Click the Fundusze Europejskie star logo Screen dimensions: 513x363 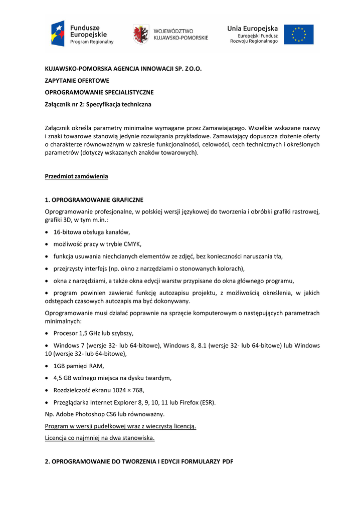(x=58, y=33)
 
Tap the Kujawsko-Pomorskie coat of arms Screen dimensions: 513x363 (x=140, y=34)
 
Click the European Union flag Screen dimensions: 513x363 (x=299, y=35)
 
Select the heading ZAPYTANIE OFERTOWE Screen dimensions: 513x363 (x=77, y=80)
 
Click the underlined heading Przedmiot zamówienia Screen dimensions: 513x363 (x=76, y=176)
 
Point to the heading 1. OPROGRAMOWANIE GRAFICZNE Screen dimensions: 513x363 (x=94, y=199)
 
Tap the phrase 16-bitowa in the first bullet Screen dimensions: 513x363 (x=68, y=232)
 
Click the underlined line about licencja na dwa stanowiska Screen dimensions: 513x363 (x=100, y=438)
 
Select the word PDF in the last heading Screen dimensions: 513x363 (x=228, y=461)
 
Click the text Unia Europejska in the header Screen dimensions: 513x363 (x=252, y=29)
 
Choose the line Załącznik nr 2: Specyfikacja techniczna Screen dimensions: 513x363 (x=98, y=104)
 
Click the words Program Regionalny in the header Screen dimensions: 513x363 (x=92, y=42)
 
